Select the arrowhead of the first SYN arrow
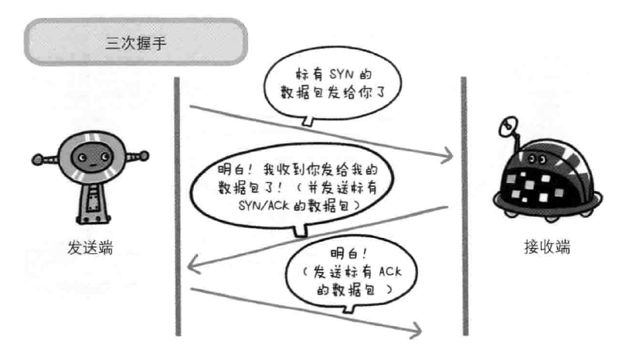click(x=446, y=158)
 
